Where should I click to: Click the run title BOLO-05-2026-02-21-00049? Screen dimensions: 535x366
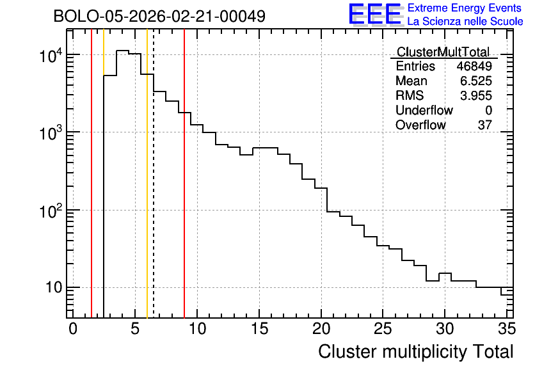click(159, 16)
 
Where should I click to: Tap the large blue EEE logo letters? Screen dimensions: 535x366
click(375, 14)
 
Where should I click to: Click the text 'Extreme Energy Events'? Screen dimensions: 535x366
click(465, 8)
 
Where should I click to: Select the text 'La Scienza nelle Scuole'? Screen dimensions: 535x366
click(465, 22)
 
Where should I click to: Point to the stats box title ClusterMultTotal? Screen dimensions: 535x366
click(443, 52)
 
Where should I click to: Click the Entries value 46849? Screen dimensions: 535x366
click(474, 66)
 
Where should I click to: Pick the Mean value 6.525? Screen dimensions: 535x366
click(476, 81)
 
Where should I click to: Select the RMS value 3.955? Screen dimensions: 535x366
click(476, 95)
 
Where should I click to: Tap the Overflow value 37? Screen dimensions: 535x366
click(485, 125)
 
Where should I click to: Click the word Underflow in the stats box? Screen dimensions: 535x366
click(424, 110)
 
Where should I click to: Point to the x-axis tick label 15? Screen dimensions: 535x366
click(259, 329)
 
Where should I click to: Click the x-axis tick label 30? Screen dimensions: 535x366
click(445, 329)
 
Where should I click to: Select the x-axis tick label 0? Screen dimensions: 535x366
click(73, 329)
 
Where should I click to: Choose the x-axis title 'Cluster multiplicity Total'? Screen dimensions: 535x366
click(415, 352)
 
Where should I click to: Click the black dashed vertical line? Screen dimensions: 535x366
click(154, 173)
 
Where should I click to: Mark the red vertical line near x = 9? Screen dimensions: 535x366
click(184, 173)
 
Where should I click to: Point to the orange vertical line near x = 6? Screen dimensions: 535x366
click(147, 173)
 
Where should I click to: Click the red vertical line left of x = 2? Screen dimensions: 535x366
click(92, 173)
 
